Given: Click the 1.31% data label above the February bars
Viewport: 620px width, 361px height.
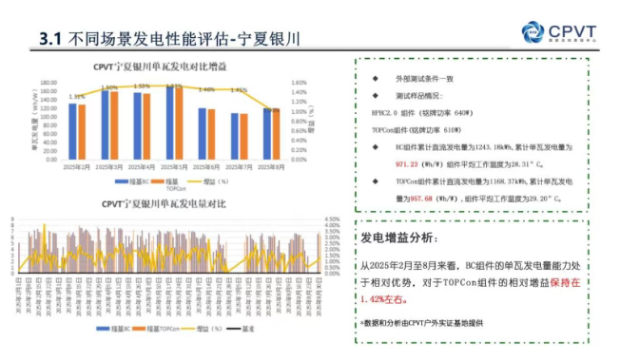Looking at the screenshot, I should click(x=77, y=96).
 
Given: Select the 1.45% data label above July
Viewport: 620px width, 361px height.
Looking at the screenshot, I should click(x=239, y=91).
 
